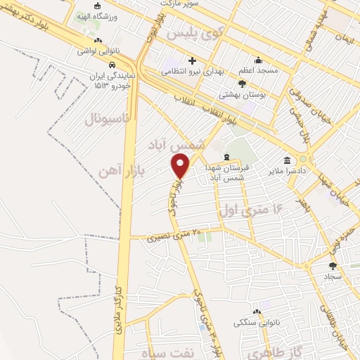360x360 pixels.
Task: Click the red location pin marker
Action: coord(181,166)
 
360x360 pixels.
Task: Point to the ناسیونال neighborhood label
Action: coord(108,120)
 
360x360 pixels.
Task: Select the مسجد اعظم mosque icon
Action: coord(259,60)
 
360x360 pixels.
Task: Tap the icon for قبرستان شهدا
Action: coord(226,157)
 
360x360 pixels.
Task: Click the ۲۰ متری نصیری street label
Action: coord(174,236)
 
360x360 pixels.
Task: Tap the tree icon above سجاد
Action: coord(333,266)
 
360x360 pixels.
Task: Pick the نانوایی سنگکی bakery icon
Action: coord(257,311)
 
